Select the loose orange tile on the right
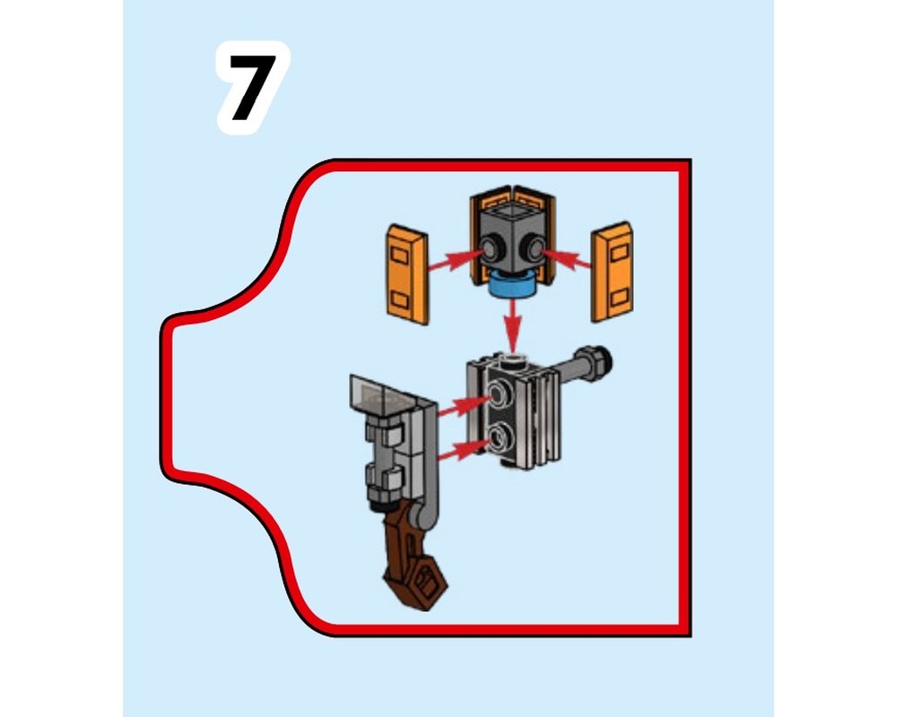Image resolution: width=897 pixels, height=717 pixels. [x=613, y=272]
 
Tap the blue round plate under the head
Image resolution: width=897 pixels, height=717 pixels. [x=513, y=286]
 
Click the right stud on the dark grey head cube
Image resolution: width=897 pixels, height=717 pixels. [x=535, y=247]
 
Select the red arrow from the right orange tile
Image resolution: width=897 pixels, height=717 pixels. [x=571, y=260]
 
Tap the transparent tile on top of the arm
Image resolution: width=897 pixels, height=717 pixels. [x=377, y=394]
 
